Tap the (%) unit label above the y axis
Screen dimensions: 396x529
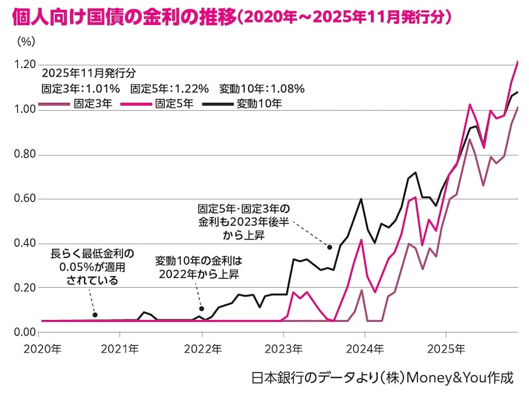25,41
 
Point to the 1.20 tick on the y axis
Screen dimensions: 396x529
24,65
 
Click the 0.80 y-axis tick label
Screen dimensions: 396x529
24,154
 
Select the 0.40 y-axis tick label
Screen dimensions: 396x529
24,244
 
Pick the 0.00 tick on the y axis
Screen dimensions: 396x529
24,332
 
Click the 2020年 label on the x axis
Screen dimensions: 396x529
42,348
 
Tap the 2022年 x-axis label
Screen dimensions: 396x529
202,348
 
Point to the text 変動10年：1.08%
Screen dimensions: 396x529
261,88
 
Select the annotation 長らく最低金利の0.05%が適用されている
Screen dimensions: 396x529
92,267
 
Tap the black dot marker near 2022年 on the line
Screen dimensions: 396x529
201,308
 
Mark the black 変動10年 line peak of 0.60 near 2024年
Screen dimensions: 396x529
361,199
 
